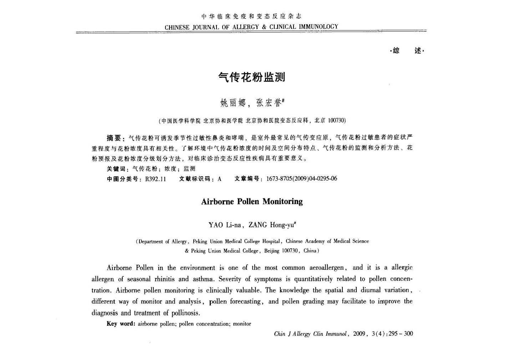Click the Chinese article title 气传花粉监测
[x=251, y=77]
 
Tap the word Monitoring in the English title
[x=283, y=202]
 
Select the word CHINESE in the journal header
[x=177, y=27]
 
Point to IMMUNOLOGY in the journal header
[x=318, y=27]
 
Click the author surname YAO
[x=216, y=225]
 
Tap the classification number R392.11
[x=156, y=179]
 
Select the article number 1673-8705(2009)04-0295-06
[x=301, y=179]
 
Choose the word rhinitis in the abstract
[x=166, y=279]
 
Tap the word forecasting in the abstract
[x=245, y=302]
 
